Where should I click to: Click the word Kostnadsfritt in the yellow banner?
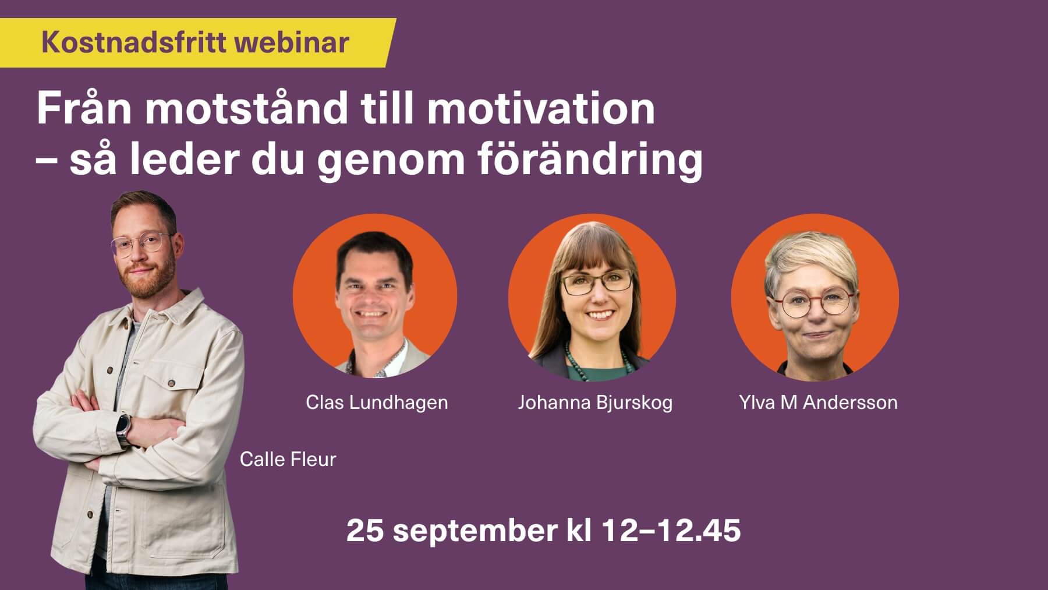click(133, 43)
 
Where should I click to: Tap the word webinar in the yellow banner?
click(291, 43)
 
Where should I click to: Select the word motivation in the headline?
click(541, 108)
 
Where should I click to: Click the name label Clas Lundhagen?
click(377, 402)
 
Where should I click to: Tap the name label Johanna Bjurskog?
click(595, 402)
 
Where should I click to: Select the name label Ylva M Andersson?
click(818, 402)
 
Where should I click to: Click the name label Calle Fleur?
click(288, 460)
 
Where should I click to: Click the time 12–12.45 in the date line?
click(671, 530)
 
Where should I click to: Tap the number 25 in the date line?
click(365, 530)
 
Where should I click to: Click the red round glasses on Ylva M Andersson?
click(813, 303)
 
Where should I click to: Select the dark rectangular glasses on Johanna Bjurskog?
click(596, 283)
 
